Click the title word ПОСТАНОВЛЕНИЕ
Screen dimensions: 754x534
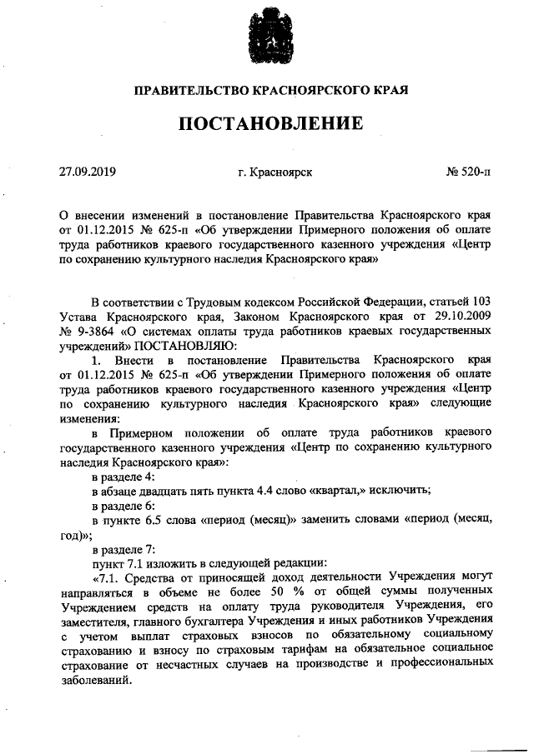click(x=267, y=124)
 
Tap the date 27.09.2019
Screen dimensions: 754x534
click(x=87, y=172)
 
